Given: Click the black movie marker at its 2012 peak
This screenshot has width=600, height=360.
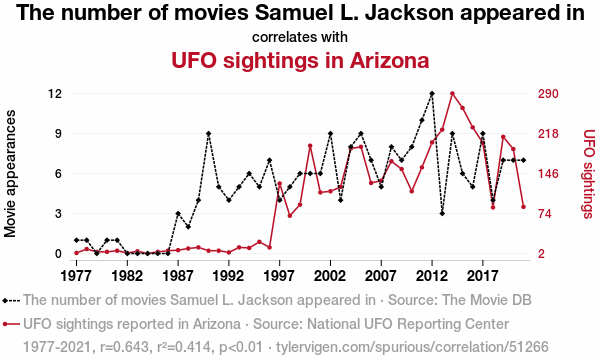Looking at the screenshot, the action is tap(432, 93).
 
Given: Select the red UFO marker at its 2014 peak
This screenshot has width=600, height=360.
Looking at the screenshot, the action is tap(452, 93).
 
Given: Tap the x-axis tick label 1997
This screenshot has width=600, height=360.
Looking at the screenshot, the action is tap(279, 275).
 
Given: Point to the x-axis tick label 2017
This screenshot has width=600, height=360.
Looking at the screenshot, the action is tap(483, 275).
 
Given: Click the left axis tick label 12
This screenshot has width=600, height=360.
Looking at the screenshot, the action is tap(55, 94).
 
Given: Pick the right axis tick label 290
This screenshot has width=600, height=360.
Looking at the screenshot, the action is tap(548, 94).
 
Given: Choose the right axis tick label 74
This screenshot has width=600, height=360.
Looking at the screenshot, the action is tap(545, 213).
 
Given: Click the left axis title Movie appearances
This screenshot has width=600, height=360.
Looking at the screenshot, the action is tap(10, 173).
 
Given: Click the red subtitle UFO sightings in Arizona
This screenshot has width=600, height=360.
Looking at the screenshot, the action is tap(300, 60).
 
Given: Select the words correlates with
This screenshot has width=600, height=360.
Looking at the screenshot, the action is tap(300, 37).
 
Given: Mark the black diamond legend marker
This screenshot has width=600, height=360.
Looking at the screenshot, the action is tap(5, 301).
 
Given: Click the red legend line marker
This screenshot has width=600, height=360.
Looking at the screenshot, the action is tap(11, 324).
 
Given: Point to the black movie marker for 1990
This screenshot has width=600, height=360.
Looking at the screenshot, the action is tap(208, 134).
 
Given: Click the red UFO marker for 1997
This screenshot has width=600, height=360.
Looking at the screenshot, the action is tap(279, 184).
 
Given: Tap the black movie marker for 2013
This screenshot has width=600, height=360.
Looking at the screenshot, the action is tap(442, 213).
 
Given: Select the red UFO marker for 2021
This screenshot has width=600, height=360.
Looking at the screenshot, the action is tap(523, 207).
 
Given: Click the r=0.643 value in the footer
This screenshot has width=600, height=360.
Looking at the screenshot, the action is tap(124, 347).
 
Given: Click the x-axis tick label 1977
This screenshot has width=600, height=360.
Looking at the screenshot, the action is tap(76, 275).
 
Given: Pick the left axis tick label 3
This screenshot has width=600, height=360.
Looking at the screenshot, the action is tap(58, 213).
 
